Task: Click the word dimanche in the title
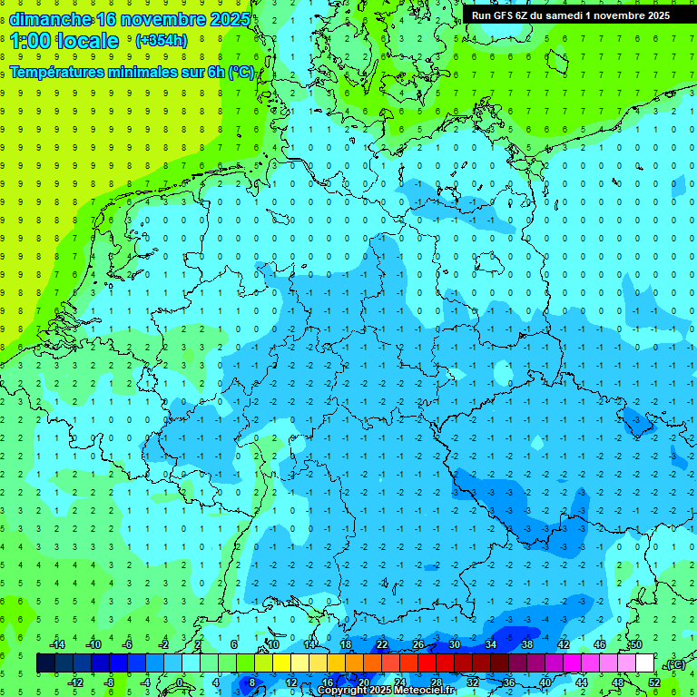point(49,19)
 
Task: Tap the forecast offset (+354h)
point(162,40)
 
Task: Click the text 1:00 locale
point(64,41)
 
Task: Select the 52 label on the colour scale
point(654,682)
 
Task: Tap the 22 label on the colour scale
point(382,644)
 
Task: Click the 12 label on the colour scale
point(291,682)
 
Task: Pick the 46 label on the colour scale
point(600,644)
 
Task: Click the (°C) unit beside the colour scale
point(675,663)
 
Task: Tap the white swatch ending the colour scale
point(645,663)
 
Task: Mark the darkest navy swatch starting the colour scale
point(46,663)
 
